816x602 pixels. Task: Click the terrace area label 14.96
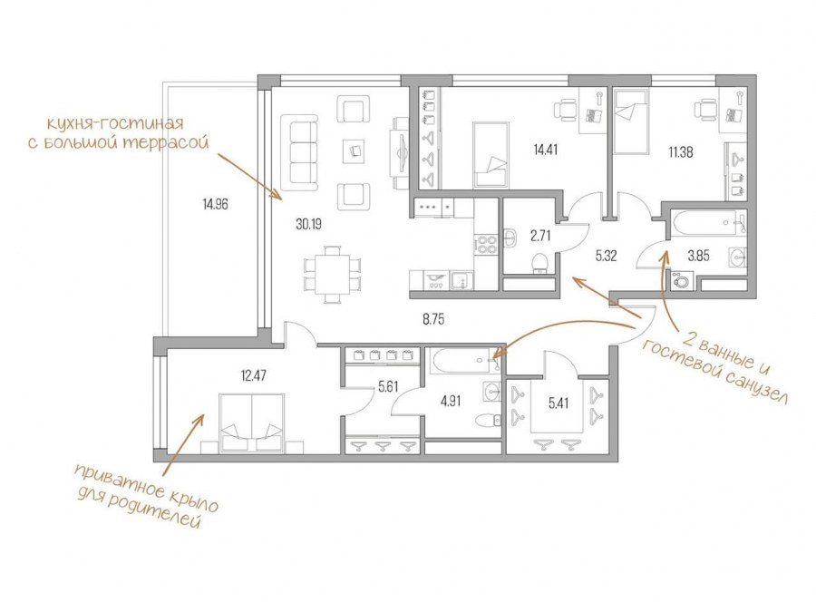[x=216, y=204]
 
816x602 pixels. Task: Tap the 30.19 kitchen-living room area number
[x=308, y=224]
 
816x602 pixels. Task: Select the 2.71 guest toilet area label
[x=540, y=237]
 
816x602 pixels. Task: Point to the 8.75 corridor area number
[x=433, y=319]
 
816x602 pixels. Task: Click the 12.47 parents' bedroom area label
[x=254, y=375]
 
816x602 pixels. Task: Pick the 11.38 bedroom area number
[x=681, y=152]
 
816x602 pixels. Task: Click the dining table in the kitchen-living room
[x=332, y=274]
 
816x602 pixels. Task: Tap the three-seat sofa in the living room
[x=299, y=153]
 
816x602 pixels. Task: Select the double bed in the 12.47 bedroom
[x=252, y=422]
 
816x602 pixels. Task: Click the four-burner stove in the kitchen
[x=487, y=245]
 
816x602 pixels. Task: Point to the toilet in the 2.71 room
[x=540, y=262]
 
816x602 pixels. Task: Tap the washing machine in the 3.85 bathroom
[x=681, y=280]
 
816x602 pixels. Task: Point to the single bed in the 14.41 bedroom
[x=491, y=154]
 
